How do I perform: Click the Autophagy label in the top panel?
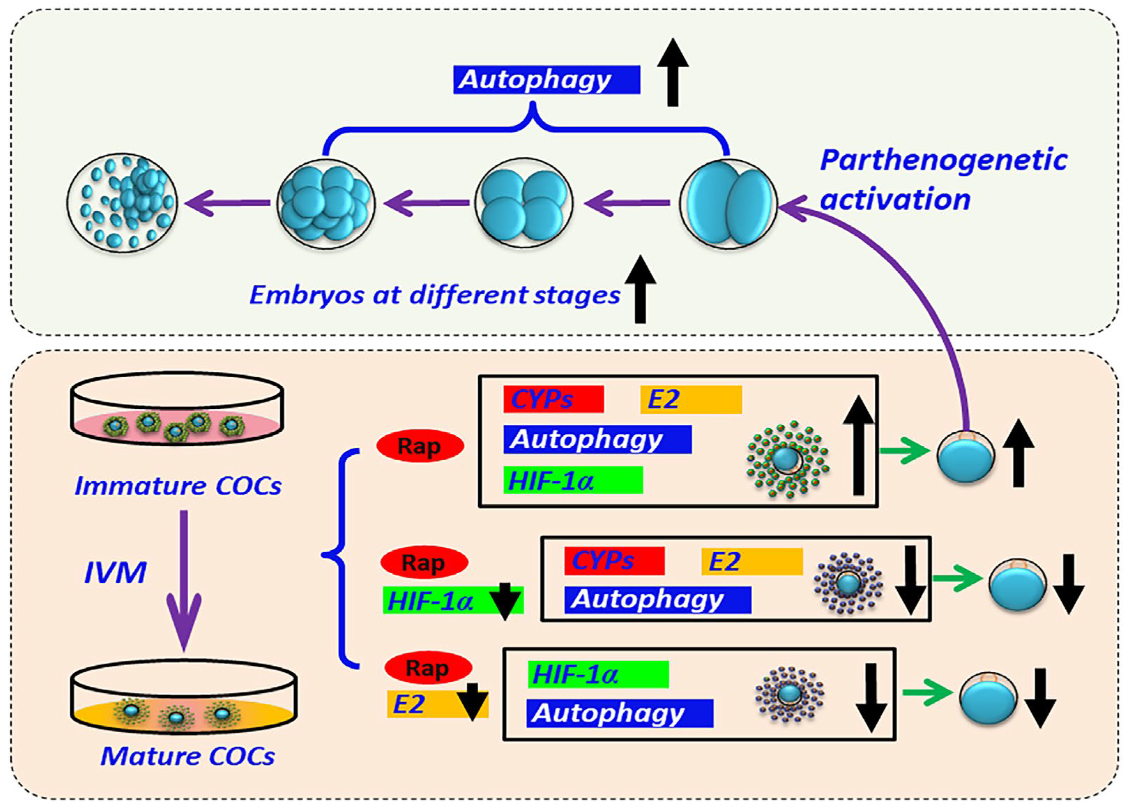547,80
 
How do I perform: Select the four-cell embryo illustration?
524,203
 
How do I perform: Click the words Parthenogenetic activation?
943,180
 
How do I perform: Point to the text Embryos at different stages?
434,295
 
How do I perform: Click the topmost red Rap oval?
420,446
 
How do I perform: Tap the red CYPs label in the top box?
554,399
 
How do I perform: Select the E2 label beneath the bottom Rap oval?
438,704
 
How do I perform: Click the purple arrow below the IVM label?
183,581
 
